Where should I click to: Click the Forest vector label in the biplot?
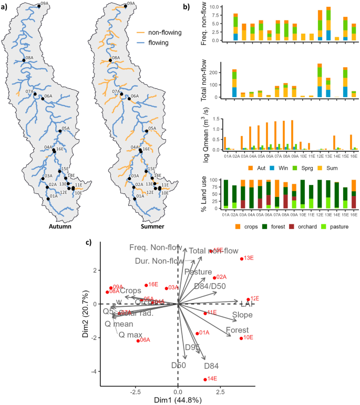tap(237, 330)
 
